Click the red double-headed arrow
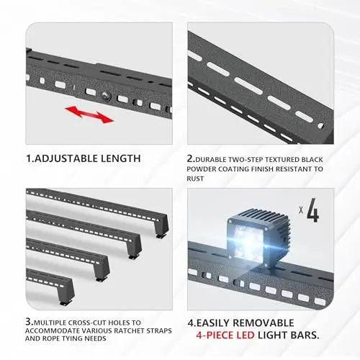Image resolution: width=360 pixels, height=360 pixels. click(89, 114)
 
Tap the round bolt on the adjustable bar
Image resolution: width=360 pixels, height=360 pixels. click(106, 95)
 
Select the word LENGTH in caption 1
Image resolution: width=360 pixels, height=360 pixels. click(120, 158)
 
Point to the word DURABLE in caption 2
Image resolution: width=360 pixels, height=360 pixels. click(211, 160)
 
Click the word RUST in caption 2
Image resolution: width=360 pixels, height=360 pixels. click(195, 179)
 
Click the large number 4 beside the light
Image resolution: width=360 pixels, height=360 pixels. click(313, 210)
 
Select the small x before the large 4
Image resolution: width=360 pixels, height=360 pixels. click(301, 210)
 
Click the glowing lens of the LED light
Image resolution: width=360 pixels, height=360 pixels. click(247, 241)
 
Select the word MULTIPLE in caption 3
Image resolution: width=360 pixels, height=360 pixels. click(50, 323)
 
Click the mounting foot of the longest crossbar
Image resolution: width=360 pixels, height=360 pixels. click(161, 235)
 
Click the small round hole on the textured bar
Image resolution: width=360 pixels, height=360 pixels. click(320, 126)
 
